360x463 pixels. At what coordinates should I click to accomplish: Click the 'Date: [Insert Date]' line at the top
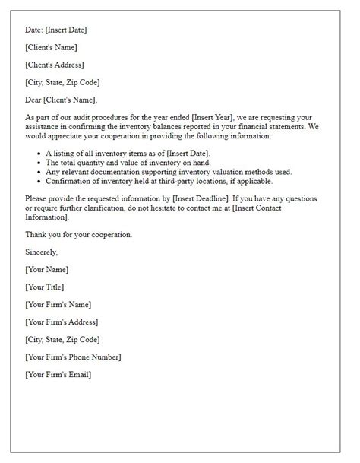[55, 30]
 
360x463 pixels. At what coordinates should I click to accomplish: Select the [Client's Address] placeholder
[54, 65]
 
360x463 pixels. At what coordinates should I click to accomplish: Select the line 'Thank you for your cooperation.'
[78, 234]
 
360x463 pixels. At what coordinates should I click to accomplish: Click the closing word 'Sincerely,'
[43, 252]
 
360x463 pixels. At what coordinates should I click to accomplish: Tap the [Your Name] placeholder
[46, 270]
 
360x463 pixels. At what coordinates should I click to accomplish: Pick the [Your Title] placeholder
[45, 287]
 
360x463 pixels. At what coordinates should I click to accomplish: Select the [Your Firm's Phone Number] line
[73, 357]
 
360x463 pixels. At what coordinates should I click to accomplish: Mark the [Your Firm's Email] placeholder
[58, 374]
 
